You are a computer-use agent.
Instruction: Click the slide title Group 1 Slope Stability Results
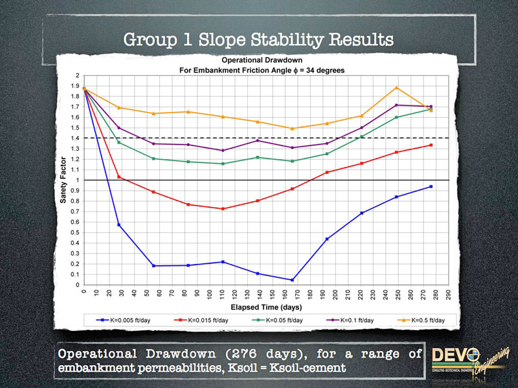click(x=258, y=40)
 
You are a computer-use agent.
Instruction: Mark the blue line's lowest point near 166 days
click(x=293, y=280)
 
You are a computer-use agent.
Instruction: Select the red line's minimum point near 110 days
click(x=223, y=209)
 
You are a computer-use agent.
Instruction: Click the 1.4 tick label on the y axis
click(x=76, y=138)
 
